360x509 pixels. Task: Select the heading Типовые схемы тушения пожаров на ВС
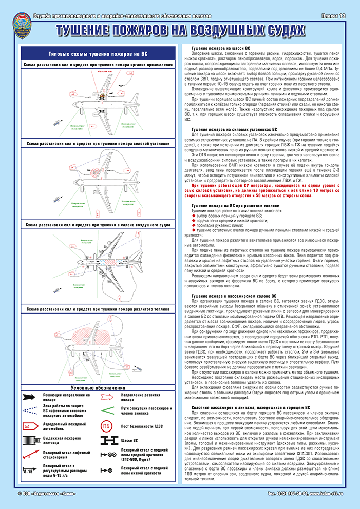coord(98,54)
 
